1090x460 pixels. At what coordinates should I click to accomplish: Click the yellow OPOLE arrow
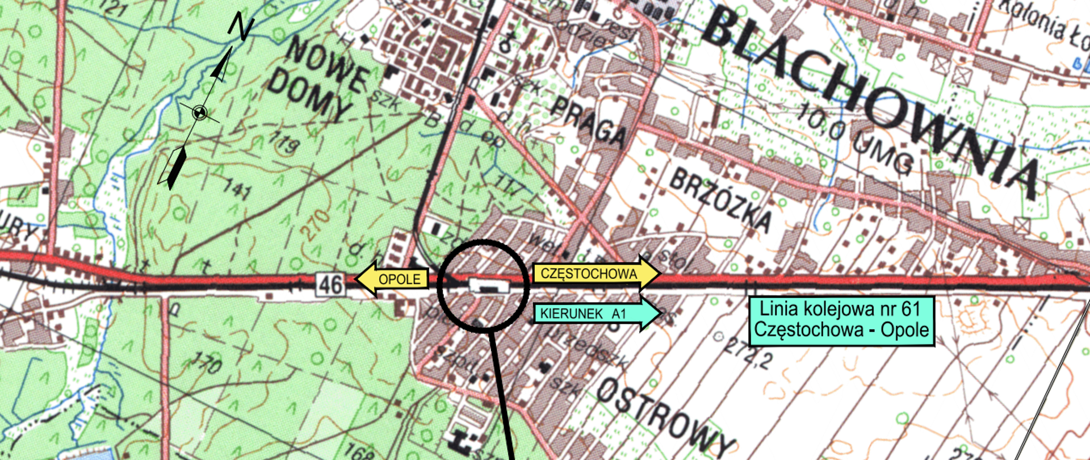pos(392,278)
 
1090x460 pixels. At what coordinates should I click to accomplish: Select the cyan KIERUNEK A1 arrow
pos(596,313)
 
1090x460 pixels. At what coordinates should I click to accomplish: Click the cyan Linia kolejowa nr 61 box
pos(841,321)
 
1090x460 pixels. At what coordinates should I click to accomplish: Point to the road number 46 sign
pos(330,283)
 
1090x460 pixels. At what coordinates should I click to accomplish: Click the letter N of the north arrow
pos(241,28)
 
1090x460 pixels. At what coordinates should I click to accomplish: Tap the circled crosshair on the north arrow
pos(199,113)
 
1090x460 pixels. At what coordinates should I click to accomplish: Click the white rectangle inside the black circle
pos(488,285)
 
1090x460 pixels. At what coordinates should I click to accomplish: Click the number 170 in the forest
pos(205,362)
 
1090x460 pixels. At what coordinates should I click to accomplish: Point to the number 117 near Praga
pos(509,185)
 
